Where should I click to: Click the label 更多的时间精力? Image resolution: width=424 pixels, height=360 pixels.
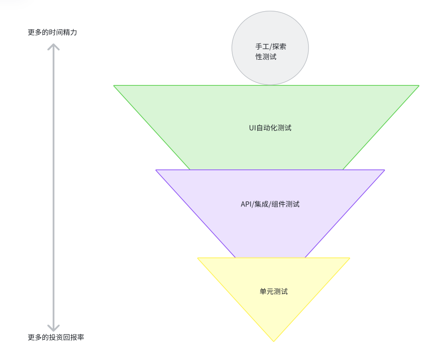click(x=53, y=32)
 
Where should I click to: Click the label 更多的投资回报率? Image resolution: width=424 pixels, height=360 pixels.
click(x=56, y=337)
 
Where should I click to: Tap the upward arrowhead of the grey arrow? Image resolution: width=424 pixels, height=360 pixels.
click(x=53, y=45)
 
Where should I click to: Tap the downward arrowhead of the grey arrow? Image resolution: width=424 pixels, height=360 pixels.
click(x=53, y=329)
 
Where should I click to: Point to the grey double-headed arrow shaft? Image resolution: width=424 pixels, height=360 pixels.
click(x=53, y=185)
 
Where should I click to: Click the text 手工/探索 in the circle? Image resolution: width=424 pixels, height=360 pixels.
click(x=271, y=47)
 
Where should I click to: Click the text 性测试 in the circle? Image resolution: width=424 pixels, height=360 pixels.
click(x=266, y=56)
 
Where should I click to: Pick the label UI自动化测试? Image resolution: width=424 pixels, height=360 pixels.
click(x=270, y=128)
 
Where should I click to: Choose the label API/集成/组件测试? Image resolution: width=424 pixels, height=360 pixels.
click(x=270, y=204)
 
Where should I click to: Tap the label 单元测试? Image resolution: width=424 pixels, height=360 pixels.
click(x=274, y=291)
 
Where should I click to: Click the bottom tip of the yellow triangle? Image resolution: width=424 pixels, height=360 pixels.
click(x=274, y=341)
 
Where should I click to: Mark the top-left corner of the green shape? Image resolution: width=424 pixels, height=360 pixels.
click(x=114, y=86)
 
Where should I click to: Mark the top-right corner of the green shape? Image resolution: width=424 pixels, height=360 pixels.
click(x=418, y=86)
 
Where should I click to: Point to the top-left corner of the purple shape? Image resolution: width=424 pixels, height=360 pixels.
click(x=156, y=170)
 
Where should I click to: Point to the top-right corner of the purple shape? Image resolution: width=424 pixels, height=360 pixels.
click(x=384, y=170)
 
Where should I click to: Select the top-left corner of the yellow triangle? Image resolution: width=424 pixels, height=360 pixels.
click(x=198, y=258)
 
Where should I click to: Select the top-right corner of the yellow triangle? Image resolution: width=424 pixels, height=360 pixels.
click(x=349, y=258)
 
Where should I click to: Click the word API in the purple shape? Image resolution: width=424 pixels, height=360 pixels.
click(x=246, y=204)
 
